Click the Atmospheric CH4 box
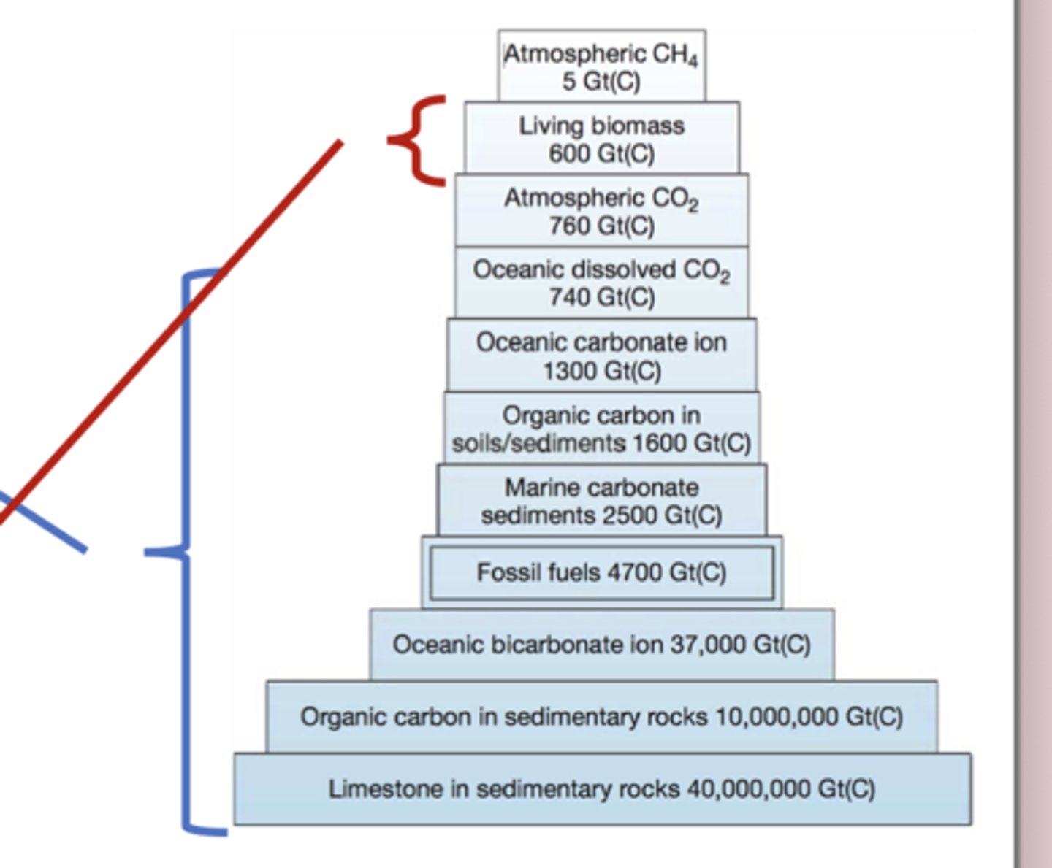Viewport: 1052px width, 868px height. coord(601,66)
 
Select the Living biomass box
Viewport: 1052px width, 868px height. coord(601,138)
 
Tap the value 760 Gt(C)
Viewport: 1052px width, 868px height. coord(601,226)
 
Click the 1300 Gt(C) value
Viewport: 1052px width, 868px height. coord(601,371)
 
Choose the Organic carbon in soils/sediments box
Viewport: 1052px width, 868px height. coord(601,429)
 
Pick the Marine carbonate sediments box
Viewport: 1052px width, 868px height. coord(601,501)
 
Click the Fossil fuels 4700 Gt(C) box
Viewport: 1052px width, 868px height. coord(601,572)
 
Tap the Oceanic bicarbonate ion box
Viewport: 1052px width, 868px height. coord(601,645)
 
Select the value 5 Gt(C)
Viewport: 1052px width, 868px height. coord(601,81)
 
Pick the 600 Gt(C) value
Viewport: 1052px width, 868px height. coord(601,153)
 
